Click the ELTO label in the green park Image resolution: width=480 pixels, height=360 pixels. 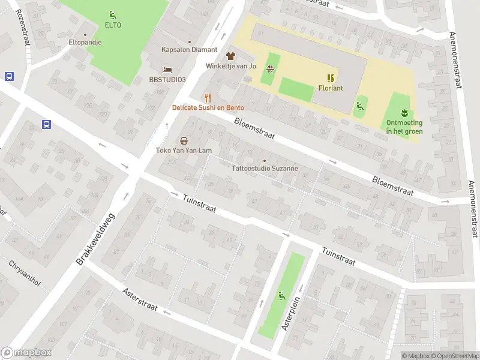point(113,25)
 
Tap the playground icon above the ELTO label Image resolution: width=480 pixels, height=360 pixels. point(113,14)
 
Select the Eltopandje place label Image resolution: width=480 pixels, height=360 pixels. point(85,43)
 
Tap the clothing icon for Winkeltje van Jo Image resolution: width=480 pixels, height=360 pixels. point(230,55)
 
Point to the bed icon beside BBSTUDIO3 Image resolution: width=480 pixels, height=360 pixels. point(167,70)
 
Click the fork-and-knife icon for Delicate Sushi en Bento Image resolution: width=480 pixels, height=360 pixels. point(208,97)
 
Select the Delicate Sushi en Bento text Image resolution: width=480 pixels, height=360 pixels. point(208,108)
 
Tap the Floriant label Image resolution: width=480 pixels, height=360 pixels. point(331,88)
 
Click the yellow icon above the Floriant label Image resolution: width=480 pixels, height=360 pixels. point(331,77)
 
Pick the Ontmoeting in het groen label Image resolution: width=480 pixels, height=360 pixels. point(404,127)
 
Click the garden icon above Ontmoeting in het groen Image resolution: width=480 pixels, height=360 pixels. point(404,112)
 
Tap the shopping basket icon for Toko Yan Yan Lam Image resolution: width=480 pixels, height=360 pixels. point(183,140)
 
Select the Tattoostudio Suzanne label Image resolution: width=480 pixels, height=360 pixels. point(265,169)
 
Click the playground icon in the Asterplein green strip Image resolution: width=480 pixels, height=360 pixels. point(281,295)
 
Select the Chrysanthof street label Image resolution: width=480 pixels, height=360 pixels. point(24,272)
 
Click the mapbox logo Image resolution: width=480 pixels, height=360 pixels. point(26,353)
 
